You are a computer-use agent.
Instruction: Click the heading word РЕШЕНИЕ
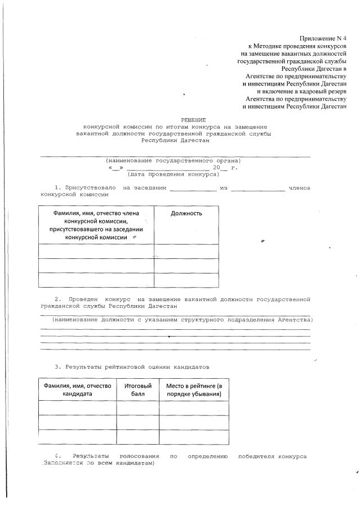point(193,120)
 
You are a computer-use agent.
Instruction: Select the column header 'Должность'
point(186,213)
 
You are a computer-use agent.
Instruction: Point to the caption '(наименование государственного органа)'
point(173,160)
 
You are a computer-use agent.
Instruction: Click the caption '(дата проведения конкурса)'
point(173,174)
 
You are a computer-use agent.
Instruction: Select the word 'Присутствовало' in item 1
point(90,187)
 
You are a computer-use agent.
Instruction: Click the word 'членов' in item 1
point(299,187)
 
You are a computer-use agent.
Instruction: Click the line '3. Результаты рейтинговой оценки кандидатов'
point(132,367)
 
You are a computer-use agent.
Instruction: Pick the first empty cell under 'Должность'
point(186,252)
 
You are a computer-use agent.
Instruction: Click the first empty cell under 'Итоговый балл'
point(137,408)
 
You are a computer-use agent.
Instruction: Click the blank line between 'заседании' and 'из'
point(193,189)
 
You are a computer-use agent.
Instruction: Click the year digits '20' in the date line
point(216,168)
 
